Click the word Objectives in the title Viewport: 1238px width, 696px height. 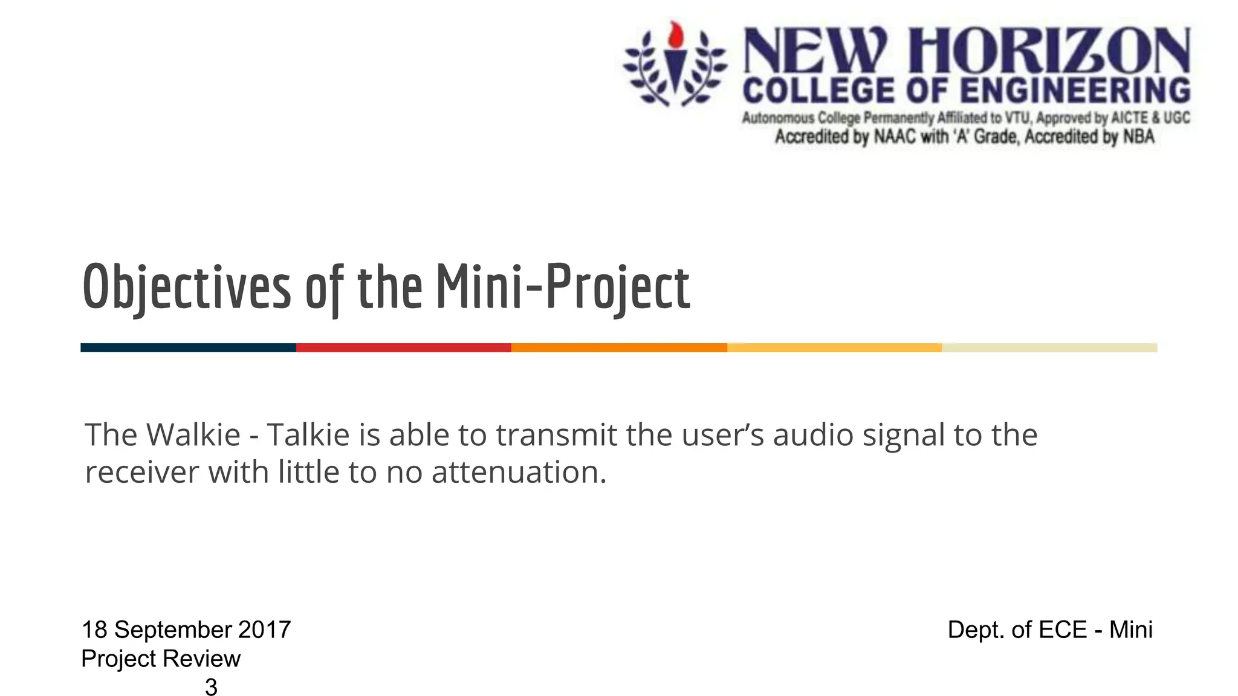click(x=186, y=288)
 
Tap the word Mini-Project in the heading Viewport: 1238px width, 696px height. click(x=562, y=288)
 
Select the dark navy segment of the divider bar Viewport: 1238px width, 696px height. click(x=188, y=347)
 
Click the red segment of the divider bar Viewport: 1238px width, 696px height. click(x=403, y=347)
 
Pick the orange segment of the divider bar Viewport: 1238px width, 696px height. click(x=619, y=347)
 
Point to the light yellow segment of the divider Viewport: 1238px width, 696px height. click(x=834, y=347)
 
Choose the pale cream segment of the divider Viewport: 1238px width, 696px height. click(x=1049, y=347)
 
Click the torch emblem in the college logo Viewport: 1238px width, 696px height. click(x=675, y=63)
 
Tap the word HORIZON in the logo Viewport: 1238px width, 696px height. click(x=1049, y=51)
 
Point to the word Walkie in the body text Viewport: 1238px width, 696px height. click(x=193, y=435)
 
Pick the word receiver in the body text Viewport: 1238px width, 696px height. click(x=141, y=472)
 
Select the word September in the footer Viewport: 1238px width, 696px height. click(x=173, y=630)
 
